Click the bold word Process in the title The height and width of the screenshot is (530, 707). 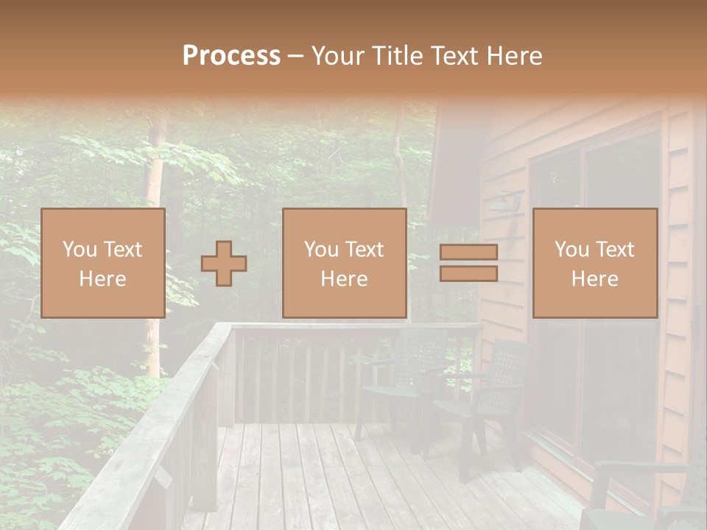coord(231,56)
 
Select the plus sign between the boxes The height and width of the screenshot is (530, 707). coord(224,264)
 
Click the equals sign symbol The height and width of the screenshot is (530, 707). coord(468,263)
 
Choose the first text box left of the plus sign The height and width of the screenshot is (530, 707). coord(102,263)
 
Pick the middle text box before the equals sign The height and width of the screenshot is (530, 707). coord(344,263)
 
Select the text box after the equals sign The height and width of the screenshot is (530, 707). coord(594,263)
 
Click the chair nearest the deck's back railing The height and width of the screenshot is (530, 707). coord(405,383)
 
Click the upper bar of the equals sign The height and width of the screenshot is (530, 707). coord(468,252)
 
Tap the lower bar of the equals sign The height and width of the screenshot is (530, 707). coord(468,273)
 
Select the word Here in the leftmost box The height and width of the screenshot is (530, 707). coord(102,279)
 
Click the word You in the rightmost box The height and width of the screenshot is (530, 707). coord(572,250)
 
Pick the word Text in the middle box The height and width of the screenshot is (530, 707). coord(365,250)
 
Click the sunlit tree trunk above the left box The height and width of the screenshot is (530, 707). coord(154,169)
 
